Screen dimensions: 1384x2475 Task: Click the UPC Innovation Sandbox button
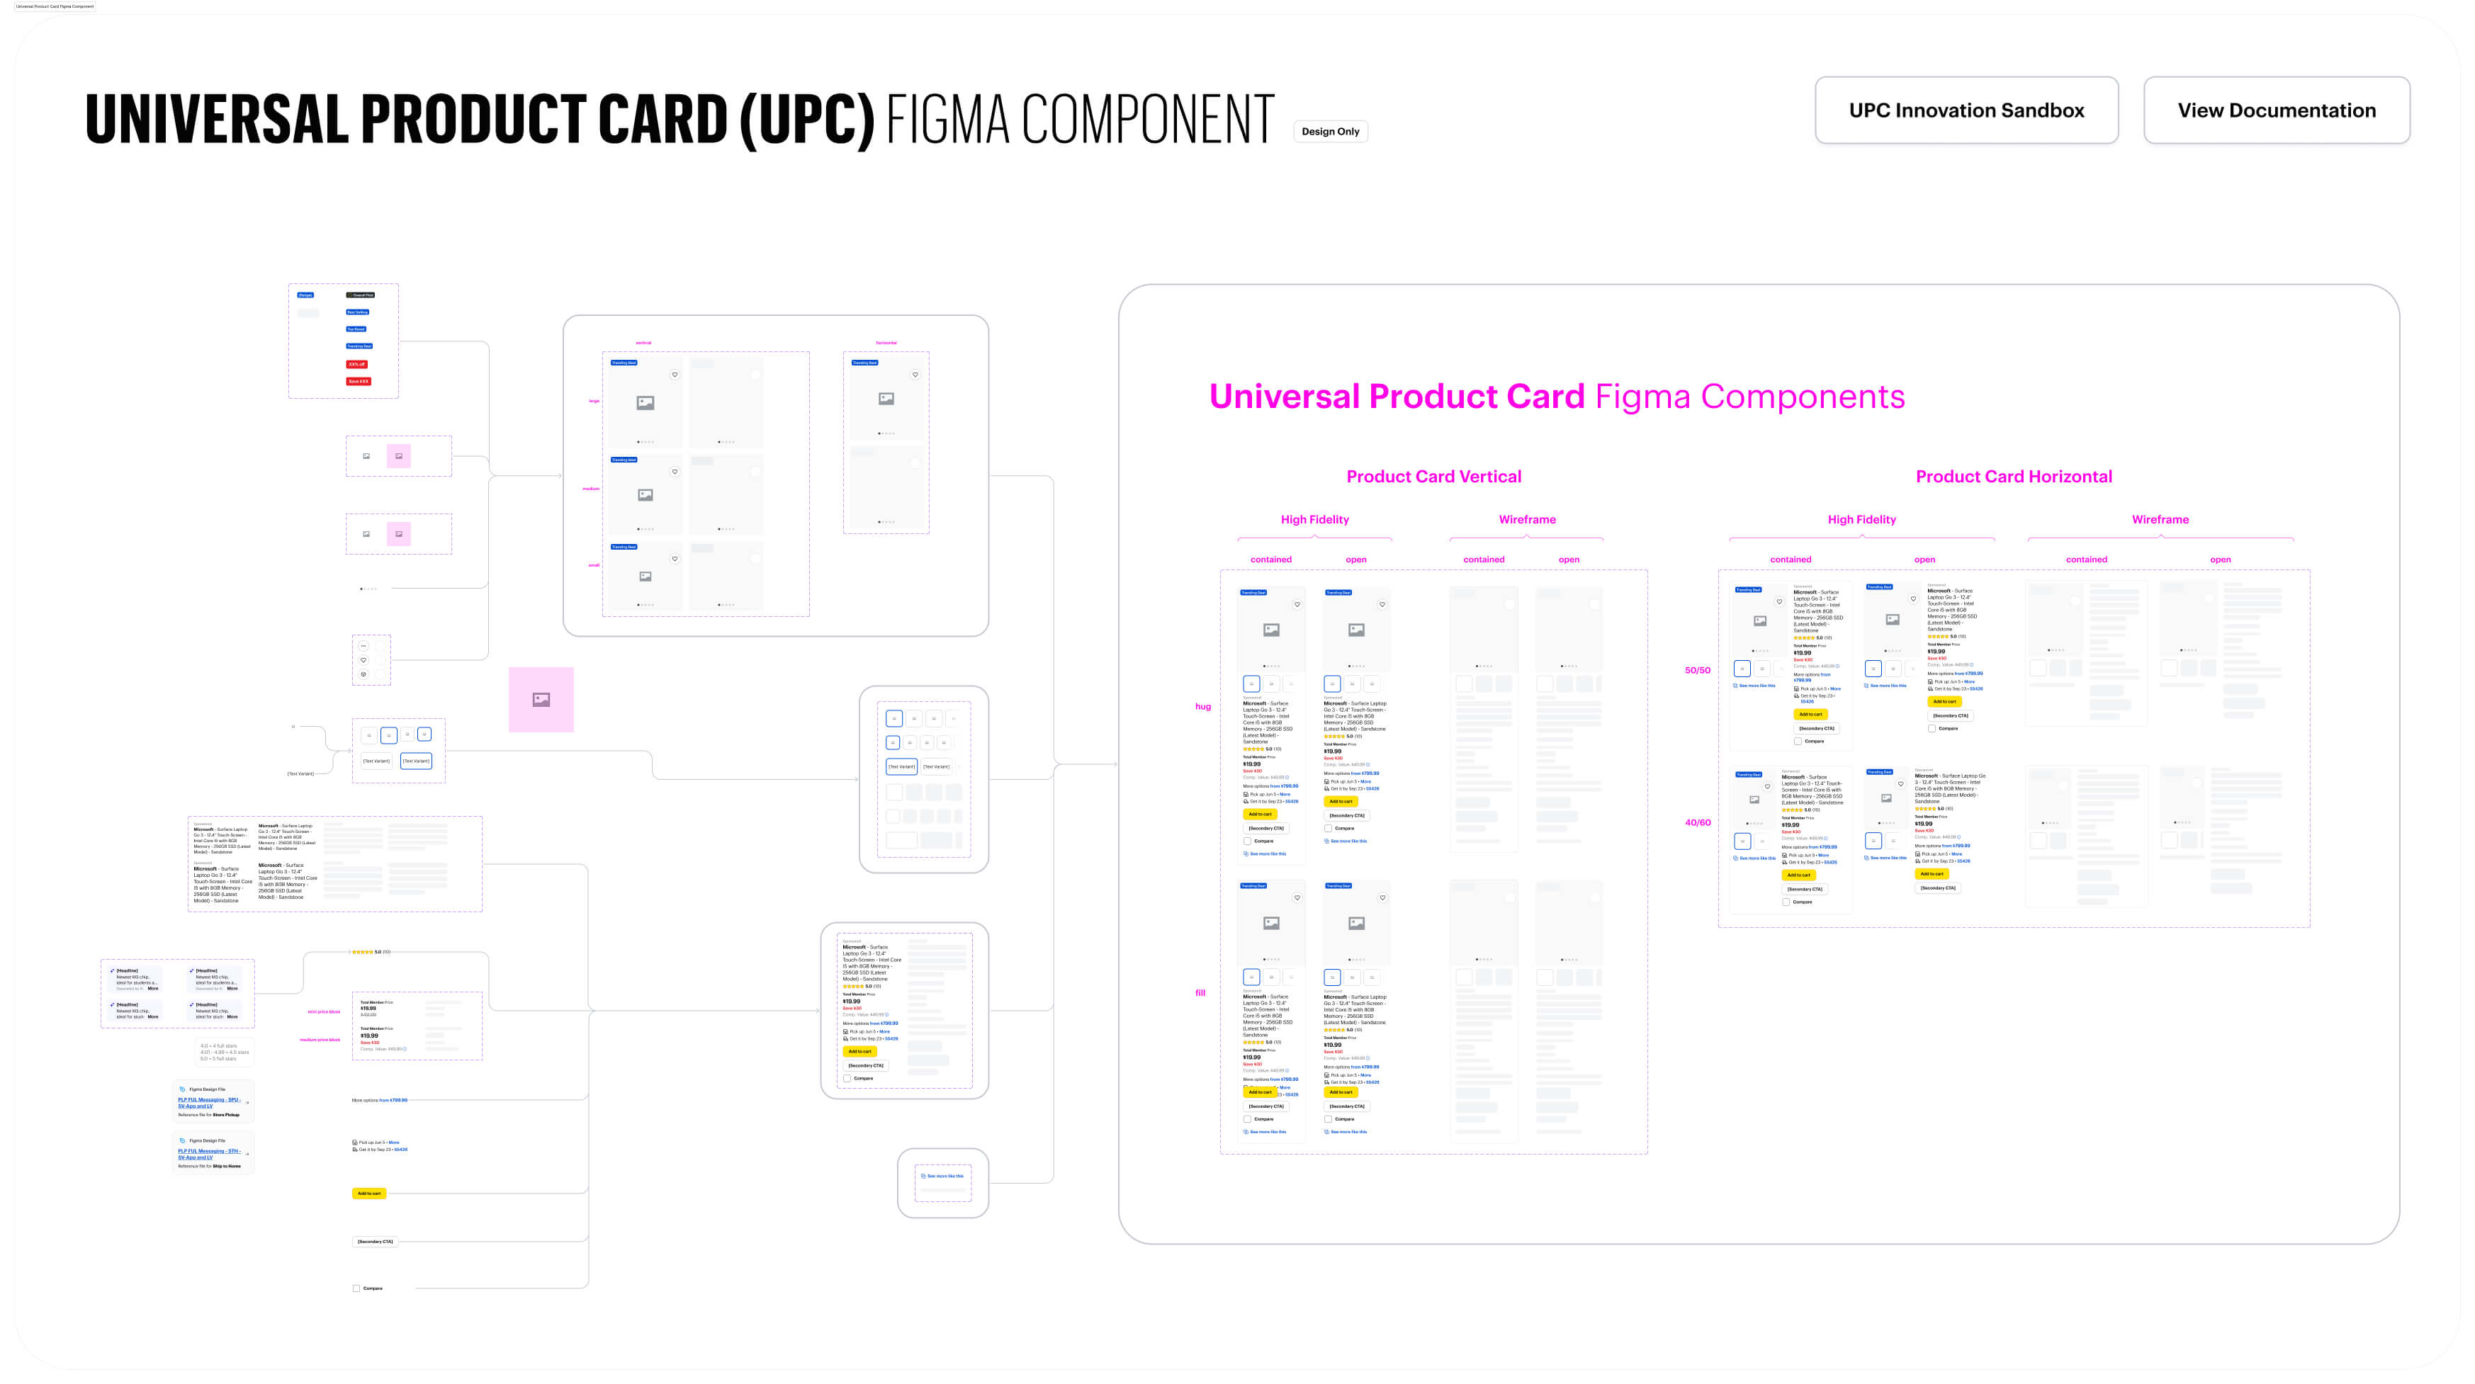(x=1966, y=110)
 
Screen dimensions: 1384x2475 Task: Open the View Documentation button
(x=2275, y=110)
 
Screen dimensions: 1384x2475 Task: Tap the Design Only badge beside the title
(x=1330, y=132)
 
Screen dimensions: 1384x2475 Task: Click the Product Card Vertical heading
(x=1433, y=477)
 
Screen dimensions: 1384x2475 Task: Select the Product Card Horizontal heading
(x=2013, y=477)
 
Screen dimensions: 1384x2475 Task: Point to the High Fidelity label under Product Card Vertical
(x=1314, y=520)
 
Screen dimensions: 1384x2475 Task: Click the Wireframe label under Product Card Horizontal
(x=2160, y=520)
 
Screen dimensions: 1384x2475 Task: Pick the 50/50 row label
(x=1697, y=670)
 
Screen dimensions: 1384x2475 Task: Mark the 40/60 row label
(x=1697, y=822)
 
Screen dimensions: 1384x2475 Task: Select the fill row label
(x=1200, y=993)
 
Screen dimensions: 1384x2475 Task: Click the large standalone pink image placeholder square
(x=541, y=699)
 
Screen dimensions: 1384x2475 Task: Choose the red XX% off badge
(x=356, y=364)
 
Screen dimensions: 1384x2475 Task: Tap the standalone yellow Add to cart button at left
(x=369, y=1193)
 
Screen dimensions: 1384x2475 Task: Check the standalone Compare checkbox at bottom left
(x=356, y=1288)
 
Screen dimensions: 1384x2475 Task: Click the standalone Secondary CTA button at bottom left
(x=375, y=1241)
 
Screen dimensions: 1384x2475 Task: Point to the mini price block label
(x=324, y=1011)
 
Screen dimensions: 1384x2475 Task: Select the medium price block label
(x=320, y=1039)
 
